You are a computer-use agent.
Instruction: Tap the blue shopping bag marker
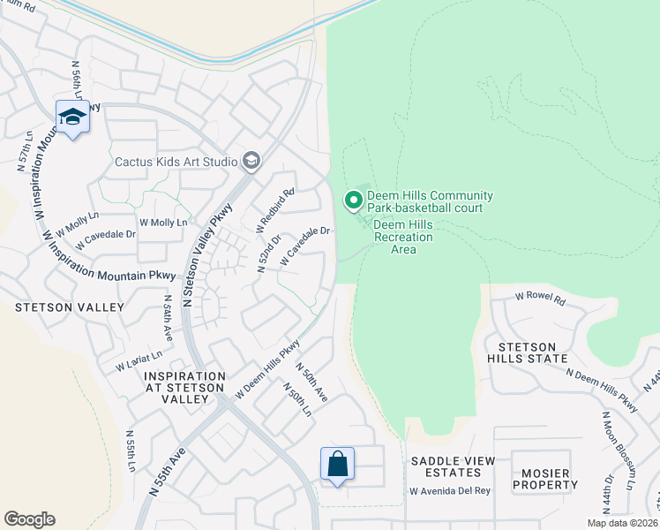point(337,464)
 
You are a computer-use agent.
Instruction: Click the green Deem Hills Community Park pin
point(354,201)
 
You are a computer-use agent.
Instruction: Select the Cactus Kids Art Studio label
point(176,162)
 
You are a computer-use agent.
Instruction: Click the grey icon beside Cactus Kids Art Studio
point(251,160)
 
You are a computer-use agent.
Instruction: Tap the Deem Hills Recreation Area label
point(403,237)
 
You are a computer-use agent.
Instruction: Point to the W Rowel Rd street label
point(539,299)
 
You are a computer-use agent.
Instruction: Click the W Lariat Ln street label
point(139,360)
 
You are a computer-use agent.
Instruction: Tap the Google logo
point(29,519)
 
